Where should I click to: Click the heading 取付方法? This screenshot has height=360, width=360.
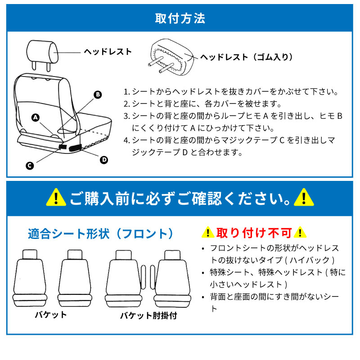180,18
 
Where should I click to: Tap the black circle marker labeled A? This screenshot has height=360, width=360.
36,117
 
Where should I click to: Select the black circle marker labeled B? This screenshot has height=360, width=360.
98,94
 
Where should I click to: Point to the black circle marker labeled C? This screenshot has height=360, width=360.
30,166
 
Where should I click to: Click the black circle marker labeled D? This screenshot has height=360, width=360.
104,160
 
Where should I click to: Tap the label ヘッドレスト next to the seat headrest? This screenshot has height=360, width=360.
108,52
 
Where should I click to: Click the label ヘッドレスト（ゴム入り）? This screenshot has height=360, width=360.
247,57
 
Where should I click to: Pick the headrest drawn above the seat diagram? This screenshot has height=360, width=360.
42,55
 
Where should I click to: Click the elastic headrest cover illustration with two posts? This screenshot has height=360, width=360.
171,57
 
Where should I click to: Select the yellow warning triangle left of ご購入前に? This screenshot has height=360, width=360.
56,198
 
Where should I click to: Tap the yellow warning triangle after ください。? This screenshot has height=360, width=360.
304,198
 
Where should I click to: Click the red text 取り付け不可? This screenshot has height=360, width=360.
254,233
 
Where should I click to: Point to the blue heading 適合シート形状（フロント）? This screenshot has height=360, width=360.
100,234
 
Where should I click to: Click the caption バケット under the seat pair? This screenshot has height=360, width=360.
51,315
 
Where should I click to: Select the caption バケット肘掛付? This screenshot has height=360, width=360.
148,316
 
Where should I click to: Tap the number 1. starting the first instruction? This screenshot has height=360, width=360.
127,92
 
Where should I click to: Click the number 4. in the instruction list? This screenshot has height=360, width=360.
127,140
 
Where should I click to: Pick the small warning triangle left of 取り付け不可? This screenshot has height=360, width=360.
208,232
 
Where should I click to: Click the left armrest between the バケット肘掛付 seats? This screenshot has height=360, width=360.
143,277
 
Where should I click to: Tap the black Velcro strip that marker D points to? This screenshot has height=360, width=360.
76,148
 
